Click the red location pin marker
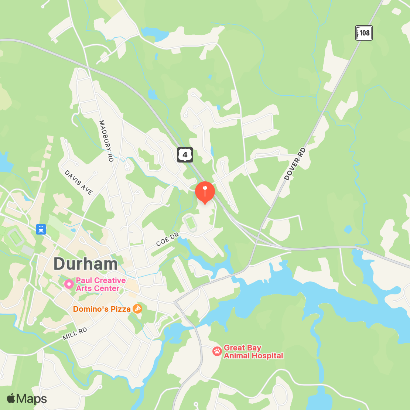tap(205, 192)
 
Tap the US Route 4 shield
tap(185, 155)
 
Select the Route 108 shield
tap(364, 33)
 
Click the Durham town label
tap(86, 264)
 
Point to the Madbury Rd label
tap(106, 141)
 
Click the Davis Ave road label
tap(79, 182)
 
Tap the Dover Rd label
tap(295, 164)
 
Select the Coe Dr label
tap(167, 239)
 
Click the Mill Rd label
tap(75, 334)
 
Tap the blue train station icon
tap(41, 229)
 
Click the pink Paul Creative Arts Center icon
tap(69, 284)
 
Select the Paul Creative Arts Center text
tap(100, 284)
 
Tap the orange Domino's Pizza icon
tap(137, 309)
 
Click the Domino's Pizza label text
tap(102, 309)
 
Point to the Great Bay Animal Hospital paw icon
tap(217, 351)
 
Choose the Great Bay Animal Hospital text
tap(253, 352)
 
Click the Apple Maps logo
tap(27, 399)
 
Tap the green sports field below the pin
tap(190, 223)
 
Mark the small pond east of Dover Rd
tap(348, 229)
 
